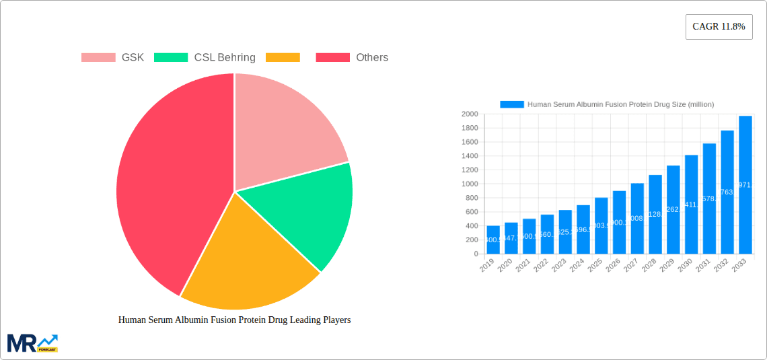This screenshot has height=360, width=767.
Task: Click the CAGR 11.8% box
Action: (x=719, y=27)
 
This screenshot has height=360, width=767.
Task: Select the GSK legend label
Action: (x=133, y=58)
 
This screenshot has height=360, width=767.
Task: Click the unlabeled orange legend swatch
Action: (x=283, y=58)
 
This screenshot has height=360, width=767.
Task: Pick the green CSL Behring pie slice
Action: (x=309, y=209)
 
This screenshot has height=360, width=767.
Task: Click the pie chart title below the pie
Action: (x=234, y=320)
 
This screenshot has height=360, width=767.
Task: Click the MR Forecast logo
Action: (x=32, y=343)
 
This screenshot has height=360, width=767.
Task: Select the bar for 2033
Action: (x=745, y=185)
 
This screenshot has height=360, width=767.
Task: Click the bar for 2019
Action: (x=493, y=240)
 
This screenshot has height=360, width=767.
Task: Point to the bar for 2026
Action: (x=619, y=222)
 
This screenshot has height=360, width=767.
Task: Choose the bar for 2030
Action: (x=691, y=205)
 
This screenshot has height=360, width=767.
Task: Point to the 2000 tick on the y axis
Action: (x=469, y=114)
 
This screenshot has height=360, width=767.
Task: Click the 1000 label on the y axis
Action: (x=469, y=184)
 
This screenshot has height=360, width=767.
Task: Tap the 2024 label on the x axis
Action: (x=577, y=266)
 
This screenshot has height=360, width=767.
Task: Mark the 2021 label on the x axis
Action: (x=523, y=266)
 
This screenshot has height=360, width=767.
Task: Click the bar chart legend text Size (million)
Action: (x=620, y=104)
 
